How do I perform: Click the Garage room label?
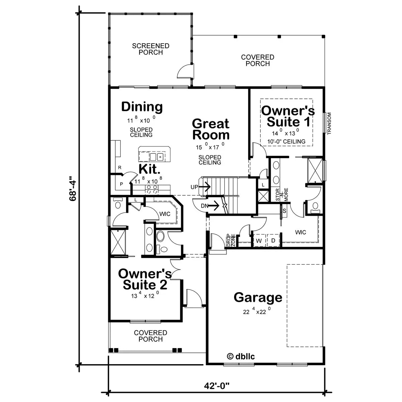[x=258, y=297]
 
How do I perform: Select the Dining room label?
[x=142, y=107]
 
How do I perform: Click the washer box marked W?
[x=259, y=241]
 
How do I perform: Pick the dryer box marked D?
[x=273, y=241]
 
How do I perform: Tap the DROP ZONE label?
[x=231, y=240]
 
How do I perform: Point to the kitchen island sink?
[x=156, y=157]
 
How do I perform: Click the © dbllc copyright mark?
[x=241, y=356]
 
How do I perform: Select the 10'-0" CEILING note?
[x=286, y=141]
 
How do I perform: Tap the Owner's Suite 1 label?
[x=287, y=116]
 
